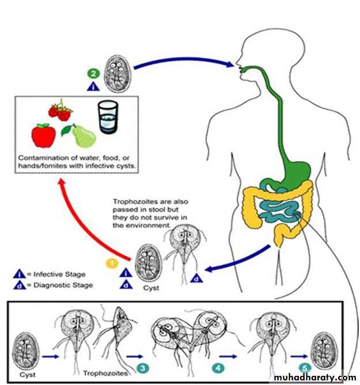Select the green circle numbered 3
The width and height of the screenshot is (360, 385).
coord(142,367)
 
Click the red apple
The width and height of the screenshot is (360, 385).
coord(43,135)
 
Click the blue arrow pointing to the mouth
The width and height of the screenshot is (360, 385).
coord(184,62)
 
